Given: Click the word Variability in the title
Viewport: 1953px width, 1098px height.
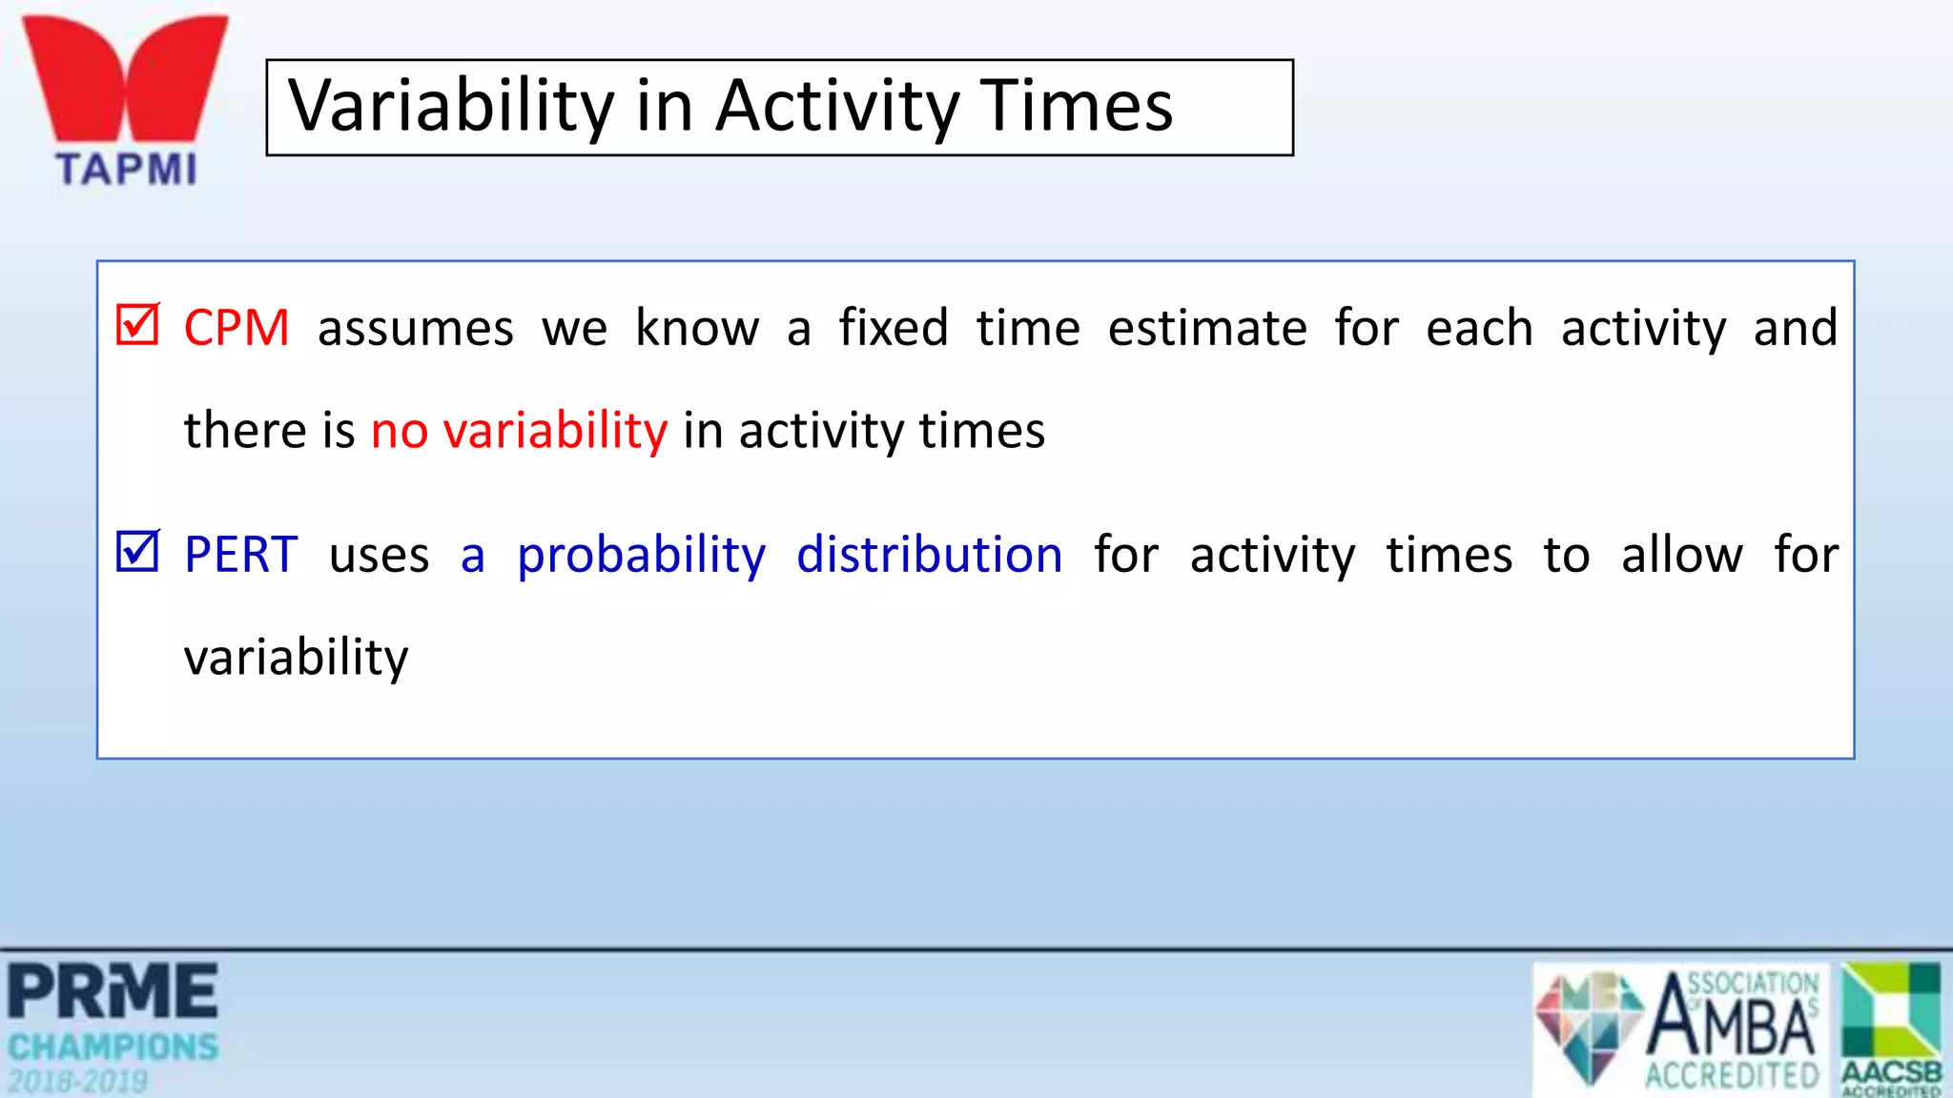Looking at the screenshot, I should click(x=451, y=107).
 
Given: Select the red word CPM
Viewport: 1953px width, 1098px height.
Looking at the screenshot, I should click(x=236, y=329).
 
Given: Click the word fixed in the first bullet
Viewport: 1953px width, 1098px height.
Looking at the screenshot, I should click(x=894, y=328).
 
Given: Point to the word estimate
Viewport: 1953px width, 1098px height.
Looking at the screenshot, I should click(x=1207, y=329).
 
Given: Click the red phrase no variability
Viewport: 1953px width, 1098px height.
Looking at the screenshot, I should click(x=520, y=431).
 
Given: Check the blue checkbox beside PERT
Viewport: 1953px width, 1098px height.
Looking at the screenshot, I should click(x=137, y=551).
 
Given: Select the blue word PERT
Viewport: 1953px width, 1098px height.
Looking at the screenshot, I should click(x=241, y=556).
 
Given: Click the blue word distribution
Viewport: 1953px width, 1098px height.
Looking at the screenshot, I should click(x=929, y=556).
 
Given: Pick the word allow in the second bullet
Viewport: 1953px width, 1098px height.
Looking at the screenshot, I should click(x=1682, y=556).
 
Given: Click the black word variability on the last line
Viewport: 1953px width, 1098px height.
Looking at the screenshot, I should click(x=297, y=659).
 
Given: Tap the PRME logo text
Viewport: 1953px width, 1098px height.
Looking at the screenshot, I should click(x=113, y=992).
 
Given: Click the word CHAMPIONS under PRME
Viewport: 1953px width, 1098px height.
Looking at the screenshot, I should click(x=113, y=1047).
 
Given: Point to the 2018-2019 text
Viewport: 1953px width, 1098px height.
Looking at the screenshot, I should click(x=78, y=1082).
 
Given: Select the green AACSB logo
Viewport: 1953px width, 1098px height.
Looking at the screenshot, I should click(x=1892, y=1027).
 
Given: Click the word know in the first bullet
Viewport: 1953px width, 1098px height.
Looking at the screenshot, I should click(x=697, y=329).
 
